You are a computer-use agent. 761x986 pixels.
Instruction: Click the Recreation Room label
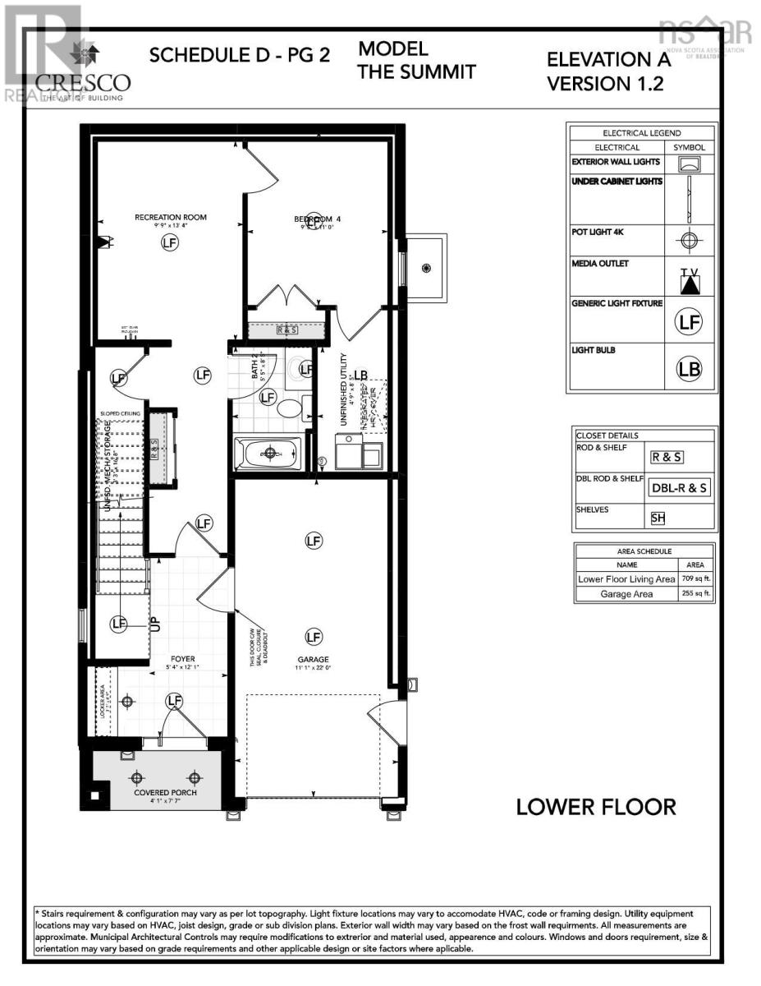pyautogui.click(x=170, y=218)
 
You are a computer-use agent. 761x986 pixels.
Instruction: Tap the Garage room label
pyautogui.click(x=313, y=659)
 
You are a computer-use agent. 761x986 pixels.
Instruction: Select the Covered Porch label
pyautogui.click(x=155, y=793)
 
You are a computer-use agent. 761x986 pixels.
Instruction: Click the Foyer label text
pyautogui.click(x=182, y=658)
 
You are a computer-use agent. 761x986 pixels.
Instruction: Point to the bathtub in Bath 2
pyautogui.click(x=269, y=453)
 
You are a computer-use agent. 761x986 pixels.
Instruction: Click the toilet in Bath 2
pyautogui.click(x=289, y=407)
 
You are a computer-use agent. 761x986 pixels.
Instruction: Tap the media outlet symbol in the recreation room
pyautogui.click(x=103, y=242)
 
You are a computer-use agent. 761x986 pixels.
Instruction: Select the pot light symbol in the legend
pyautogui.click(x=690, y=241)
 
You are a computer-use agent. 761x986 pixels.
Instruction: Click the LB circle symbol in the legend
pyautogui.click(x=690, y=369)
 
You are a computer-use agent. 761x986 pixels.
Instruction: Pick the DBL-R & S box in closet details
pyautogui.click(x=680, y=487)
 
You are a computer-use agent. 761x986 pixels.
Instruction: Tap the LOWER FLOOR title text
pyautogui.click(x=596, y=806)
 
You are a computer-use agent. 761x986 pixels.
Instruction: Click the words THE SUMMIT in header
pyautogui.click(x=417, y=72)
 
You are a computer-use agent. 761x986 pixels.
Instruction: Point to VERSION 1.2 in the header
pyautogui.click(x=605, y=84)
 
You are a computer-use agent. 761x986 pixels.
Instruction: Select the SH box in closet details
pyautogui.click(x=658, y=518)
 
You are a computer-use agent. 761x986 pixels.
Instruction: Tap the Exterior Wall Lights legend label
pyautogui.click(x=616, y=162)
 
